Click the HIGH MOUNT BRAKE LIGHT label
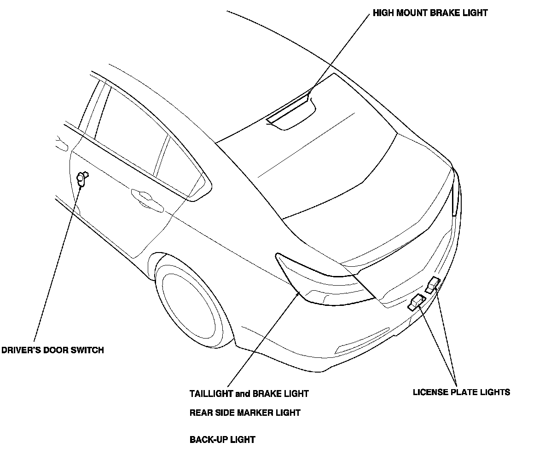(x=430, y=13)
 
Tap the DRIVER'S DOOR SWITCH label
(x=52, y=350)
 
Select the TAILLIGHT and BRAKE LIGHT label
(x=249, y=394)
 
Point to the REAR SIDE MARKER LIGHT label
(x=245, y=413)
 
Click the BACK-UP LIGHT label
(x=222, y=439)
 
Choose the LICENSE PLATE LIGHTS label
(x=461, y=392)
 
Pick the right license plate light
(x=433, y=285)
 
